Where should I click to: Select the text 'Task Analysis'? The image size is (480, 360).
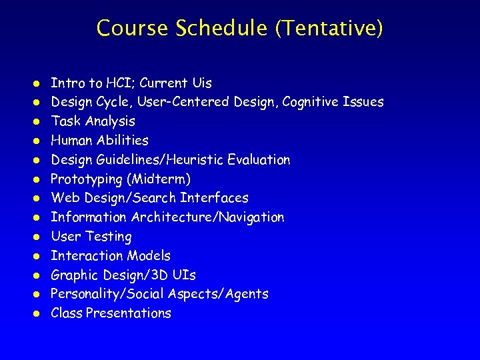point(93,121)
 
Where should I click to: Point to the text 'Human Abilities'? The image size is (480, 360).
point(99,141)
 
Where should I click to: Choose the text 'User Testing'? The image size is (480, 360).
point(91,237)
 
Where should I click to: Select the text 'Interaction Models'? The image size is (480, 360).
point(111,256)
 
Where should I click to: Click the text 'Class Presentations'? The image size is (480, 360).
point(111,313)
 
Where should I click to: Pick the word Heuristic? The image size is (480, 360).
point(199,160)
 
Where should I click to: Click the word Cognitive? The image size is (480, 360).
point(311,102)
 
